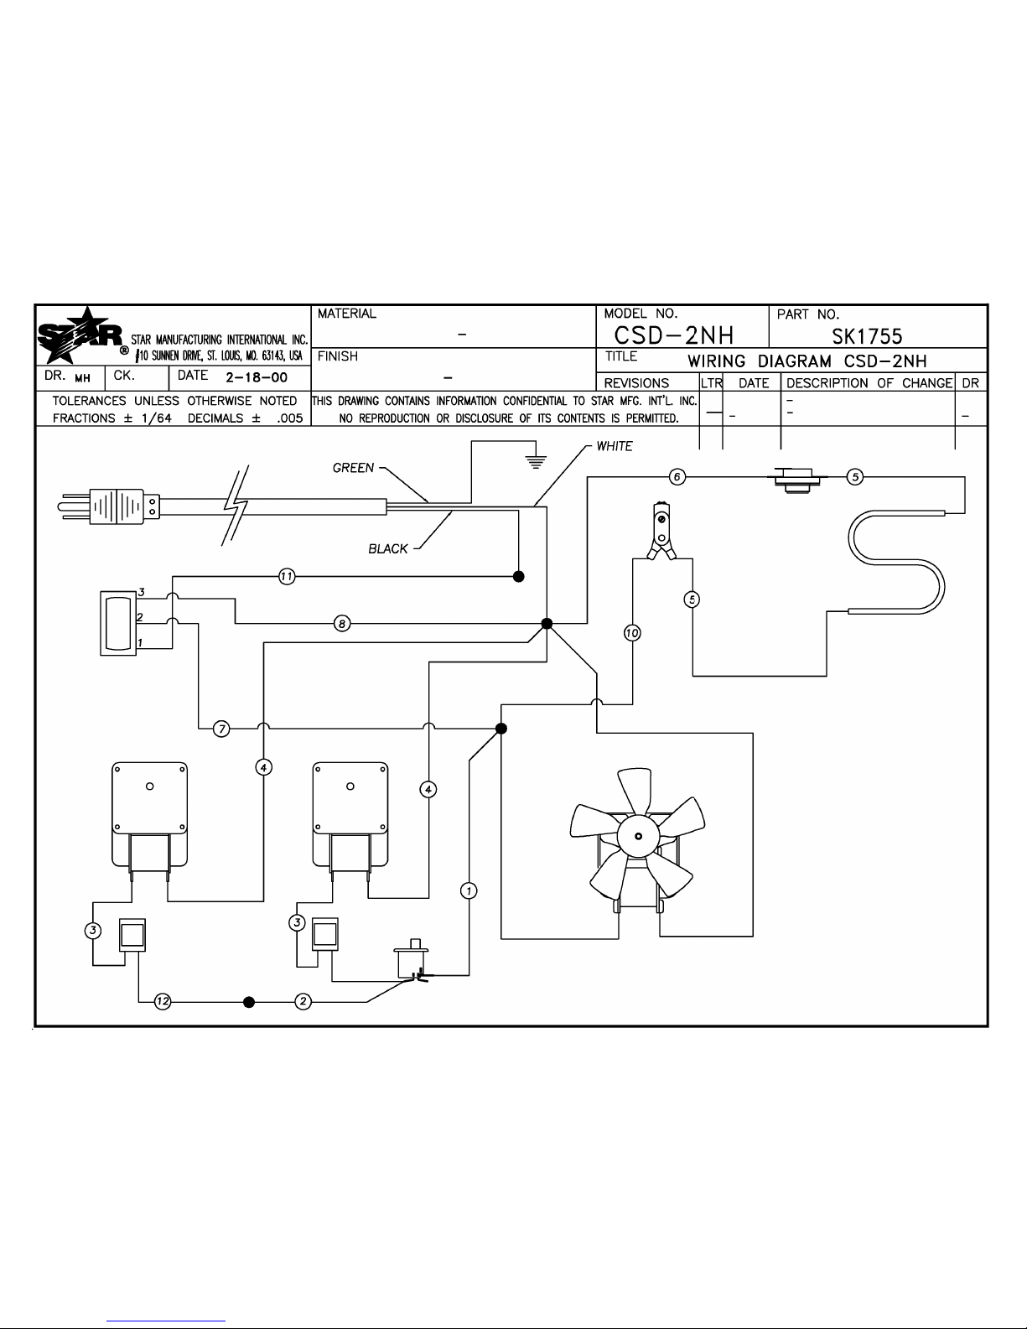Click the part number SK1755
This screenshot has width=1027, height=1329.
coord(867,336)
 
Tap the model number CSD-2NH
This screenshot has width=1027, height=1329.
coord(674,335)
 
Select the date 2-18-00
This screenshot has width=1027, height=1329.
coord(257,377)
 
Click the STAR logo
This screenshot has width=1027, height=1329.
coord(80,335)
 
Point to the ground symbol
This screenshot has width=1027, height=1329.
coord(536,462)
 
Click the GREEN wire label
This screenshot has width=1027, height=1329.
coord(353,468)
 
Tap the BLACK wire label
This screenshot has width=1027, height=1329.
coord(387,548)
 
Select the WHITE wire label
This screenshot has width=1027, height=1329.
coord(615,446)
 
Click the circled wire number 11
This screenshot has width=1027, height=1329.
coord(287,576)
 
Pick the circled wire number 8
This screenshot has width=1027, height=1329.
coord(342,623)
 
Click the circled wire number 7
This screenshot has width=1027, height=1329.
coord(221,729)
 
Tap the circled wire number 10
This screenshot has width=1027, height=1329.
coord(632,633)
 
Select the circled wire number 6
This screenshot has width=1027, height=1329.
coord(677,476)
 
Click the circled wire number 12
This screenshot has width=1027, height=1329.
coord(163,1001)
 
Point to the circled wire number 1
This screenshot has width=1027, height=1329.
coord(469,891)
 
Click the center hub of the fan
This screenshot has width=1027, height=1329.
coord(638,836)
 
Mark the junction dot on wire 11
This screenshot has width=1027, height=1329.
coord(518,576)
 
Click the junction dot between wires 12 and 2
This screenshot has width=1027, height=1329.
coord(249,1002)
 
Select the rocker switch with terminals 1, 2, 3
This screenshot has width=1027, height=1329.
coord(118,623)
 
